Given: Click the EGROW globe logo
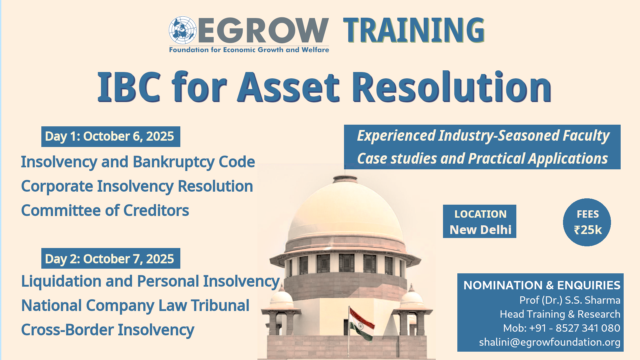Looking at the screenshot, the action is [182, 30].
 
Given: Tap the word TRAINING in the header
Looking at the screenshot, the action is [414, 30].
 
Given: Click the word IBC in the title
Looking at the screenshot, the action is [129, 87].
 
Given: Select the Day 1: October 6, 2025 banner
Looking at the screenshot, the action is [111, 137].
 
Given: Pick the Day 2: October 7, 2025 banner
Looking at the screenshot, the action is [111, 258].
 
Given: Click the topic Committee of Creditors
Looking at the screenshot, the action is [105, 211].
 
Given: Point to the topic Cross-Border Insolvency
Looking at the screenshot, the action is [108, 330].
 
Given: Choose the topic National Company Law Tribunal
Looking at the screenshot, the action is [135, 306].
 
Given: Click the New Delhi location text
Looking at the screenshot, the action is [480, 230].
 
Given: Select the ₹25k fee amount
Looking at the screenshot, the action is [588, 230].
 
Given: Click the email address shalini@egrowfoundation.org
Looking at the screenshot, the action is [550, 342].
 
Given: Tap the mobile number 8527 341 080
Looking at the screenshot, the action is [588, 328].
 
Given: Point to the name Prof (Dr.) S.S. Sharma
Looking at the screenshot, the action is [570, 300].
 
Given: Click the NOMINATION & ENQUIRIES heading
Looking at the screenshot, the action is [542, 285].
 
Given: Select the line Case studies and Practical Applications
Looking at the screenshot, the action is [482, 159].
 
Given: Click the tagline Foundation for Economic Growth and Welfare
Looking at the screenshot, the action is [249, 50].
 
